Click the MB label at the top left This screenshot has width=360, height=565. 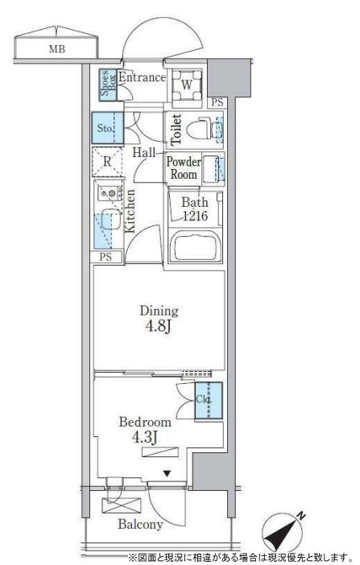click(x=57, y=49)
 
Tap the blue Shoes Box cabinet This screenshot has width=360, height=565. click(x=108, y=85)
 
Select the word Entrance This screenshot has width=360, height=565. click(x=142, y=77)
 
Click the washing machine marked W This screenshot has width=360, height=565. click(x=187, y=85)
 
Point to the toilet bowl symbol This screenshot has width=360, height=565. click(x=200, y=128)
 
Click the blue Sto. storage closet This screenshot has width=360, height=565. click(x=107, y=128)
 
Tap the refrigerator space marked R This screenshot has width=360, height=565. click(x=107, y=162)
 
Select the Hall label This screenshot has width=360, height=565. click(x=144, y=152)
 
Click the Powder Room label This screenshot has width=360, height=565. click(x=184, y=168)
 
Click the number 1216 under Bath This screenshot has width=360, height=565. click(x=195, y=216)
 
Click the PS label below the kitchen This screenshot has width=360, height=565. click(x=106, y=257)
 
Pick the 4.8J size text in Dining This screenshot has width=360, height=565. click(x=158, y=327)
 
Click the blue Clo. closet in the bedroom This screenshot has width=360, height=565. click(x=209, y=401)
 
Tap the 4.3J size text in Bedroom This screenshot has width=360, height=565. click(x=145, y=438)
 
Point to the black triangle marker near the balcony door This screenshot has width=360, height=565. click(x=166, y=474)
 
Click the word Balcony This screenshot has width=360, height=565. click(x=140, y=525)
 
